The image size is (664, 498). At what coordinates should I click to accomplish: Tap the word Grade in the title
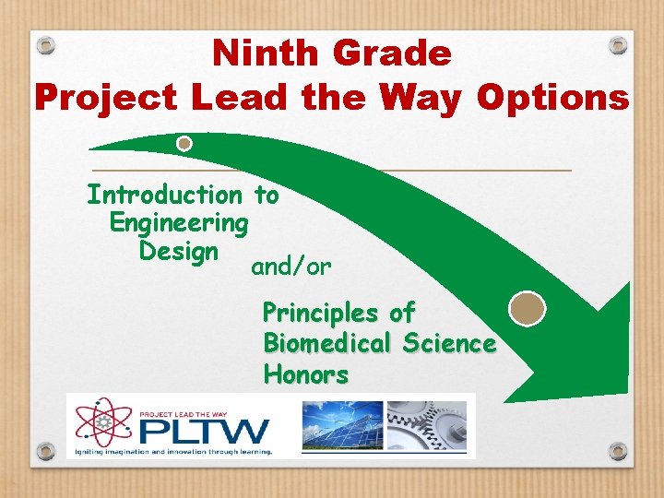394,54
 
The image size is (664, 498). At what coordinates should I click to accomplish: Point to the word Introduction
163,195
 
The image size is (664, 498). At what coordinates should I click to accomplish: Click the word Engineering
179,223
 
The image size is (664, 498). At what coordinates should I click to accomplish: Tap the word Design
178,251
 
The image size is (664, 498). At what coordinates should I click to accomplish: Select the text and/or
291,267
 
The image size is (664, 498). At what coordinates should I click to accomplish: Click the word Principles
327,313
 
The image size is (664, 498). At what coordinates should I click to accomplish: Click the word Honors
306,375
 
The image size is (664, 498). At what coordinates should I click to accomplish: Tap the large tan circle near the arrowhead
528,308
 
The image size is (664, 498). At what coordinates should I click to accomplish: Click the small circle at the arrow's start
184,144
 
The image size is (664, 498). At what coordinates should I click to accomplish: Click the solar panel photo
342,425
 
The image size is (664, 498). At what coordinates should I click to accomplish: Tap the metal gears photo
426,425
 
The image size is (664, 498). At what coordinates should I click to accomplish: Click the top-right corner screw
619,44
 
